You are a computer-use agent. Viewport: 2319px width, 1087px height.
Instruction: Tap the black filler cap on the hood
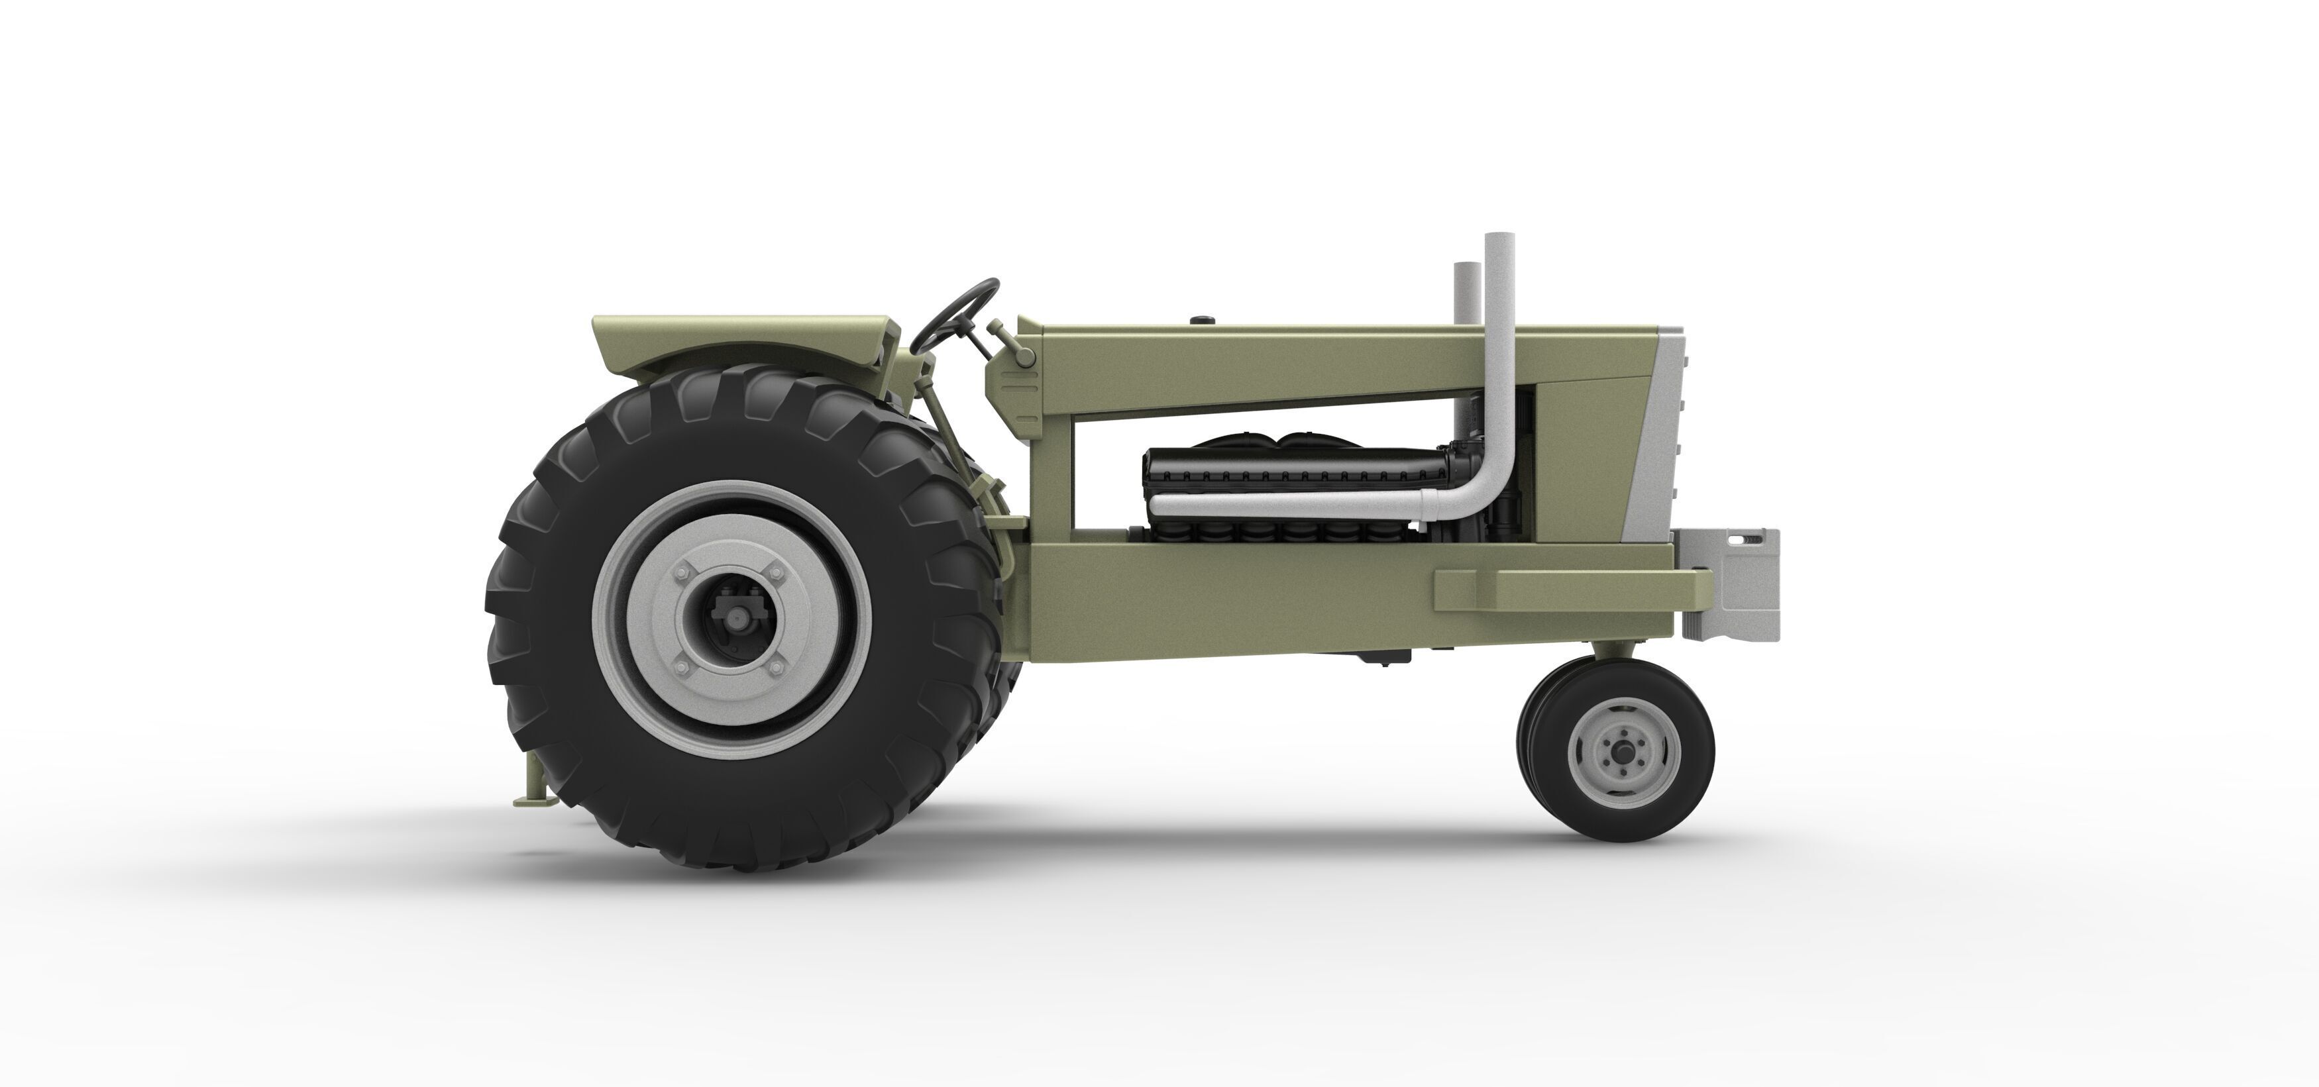pos(1203,319)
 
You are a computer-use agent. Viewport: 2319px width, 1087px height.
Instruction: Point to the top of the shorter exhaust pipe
pos(1466,266)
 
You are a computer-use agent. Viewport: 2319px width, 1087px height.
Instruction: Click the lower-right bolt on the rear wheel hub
pos(773,667)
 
